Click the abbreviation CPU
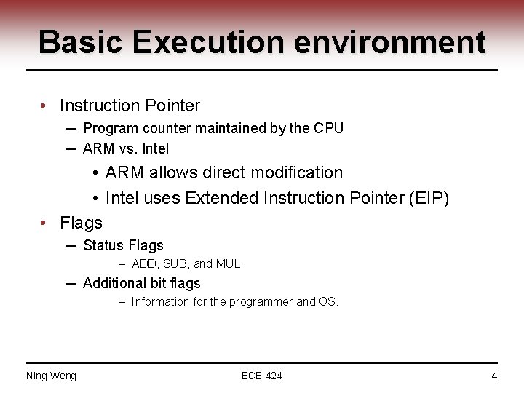coord(328,128)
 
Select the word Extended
coord(221,198)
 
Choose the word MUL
coord(228,264)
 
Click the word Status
coord(103,245)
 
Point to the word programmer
coord(261,302)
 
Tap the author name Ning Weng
coord(51,376)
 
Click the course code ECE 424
coord(262,376)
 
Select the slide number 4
coord(494,376)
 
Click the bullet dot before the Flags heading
coord(45,222)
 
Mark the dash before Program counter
coord(72,128)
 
